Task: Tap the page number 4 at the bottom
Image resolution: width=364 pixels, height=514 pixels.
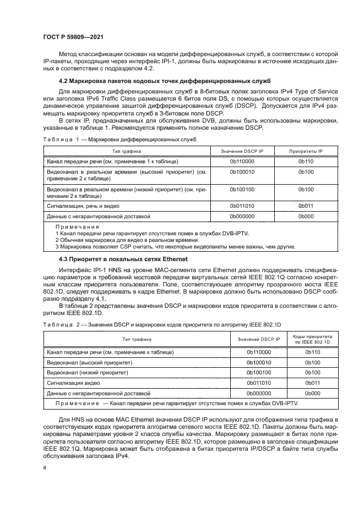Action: tap(44, 468)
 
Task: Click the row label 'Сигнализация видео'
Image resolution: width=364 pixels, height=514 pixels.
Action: tap(74, 383)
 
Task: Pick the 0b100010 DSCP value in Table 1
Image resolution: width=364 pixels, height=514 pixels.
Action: tap(242, 172)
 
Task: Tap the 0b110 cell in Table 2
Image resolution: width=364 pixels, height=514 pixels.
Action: tap(313, 351)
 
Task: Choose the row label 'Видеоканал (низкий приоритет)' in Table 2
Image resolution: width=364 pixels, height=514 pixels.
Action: tap(88, 372)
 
